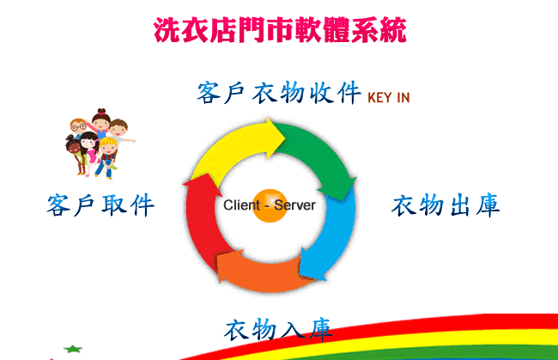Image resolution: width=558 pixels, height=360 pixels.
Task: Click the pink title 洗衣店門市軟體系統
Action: pos(280,30)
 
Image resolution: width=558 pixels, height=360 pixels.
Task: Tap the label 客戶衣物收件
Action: pos(279,93)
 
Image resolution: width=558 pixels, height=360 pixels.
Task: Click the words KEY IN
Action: pos(389,98)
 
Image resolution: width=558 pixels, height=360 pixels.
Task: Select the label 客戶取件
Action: pos(100,205)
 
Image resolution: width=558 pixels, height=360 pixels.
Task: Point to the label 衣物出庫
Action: pos(446,205)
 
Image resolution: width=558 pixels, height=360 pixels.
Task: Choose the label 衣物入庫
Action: pos(278,329)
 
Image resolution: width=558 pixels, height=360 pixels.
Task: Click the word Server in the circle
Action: pos(294,205)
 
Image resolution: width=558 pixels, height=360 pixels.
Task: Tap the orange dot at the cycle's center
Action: pos(270,205)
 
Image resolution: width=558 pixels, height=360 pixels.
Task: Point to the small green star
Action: pos(73,349)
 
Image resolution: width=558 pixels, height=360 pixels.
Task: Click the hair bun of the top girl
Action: pos(102,111)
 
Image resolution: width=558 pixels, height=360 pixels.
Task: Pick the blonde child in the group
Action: pos(106,156)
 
